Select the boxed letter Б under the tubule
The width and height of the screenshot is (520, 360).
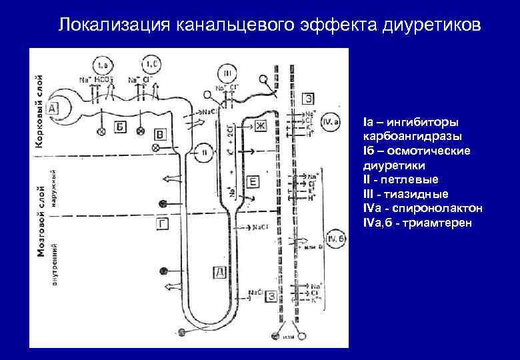[121, 127]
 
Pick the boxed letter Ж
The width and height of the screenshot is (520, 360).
[259, 126]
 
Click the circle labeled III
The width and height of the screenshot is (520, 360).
[228, 73]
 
